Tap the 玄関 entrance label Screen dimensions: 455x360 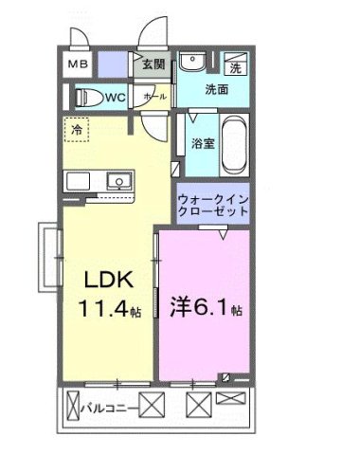pyautogui.click(x=153, y=65)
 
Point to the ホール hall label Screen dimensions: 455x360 pyautogui.click(x=153, y=97)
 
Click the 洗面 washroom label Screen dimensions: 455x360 pyautogui.click(x=216, y=91)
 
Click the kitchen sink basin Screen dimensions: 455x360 pyautogui.click(x=118, y=182)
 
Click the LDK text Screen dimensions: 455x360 pyautogui.click(x=101, y=282)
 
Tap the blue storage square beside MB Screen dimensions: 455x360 pyautogui.click(x=113, y=65)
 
